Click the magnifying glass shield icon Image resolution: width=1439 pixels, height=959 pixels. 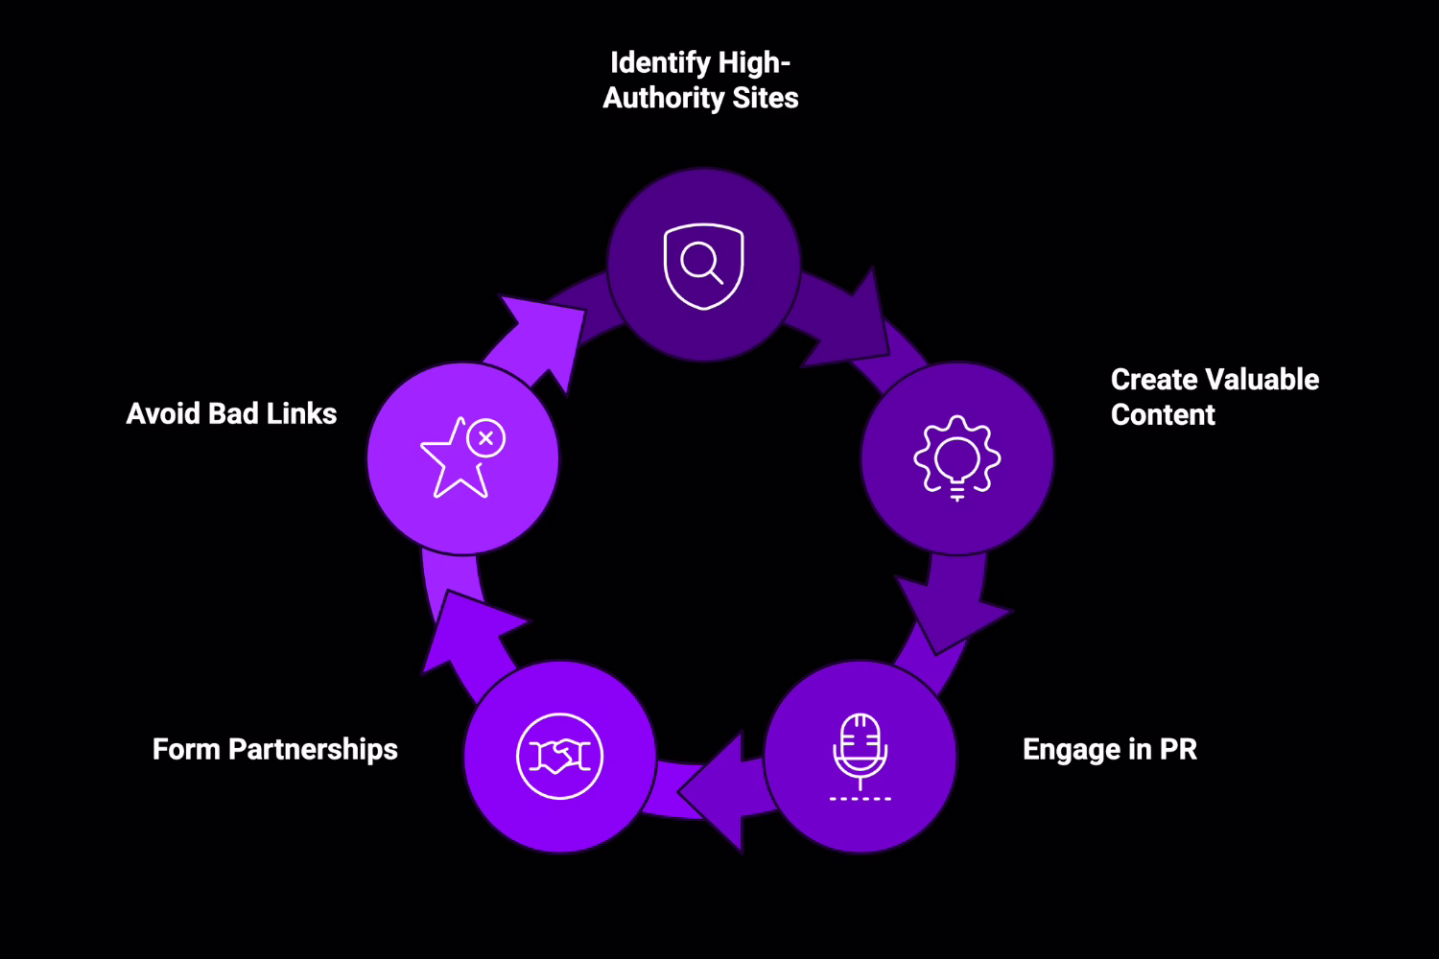pyautogui.click(x=703, y=266)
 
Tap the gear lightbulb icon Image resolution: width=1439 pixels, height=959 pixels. pyautogui.click(x=956, y=457)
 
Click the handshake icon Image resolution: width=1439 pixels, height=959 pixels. pyautogui.click(x=559, y=757)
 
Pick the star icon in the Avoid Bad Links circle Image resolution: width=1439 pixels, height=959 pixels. pyautogui.click(x=454, y=462)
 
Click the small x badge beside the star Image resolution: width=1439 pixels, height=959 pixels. pyautogui.click(x=486, y=438)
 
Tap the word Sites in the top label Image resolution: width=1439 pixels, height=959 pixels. pyautogui.click(x=765, y=98)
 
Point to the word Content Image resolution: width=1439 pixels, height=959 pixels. pyautogui.click(x=1163, y=415)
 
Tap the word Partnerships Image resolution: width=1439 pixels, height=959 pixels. pyautogui.click(x=313, y=749)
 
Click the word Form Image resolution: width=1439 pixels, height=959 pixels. pyautogui.click(x=186, y=749)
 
